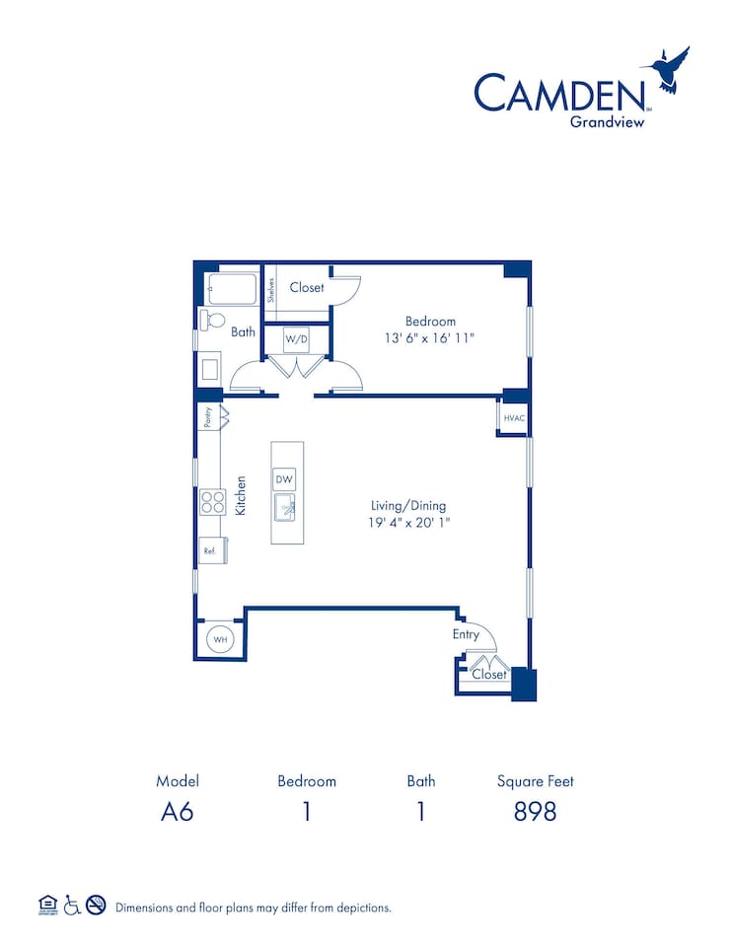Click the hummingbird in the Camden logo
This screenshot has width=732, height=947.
[667, 71]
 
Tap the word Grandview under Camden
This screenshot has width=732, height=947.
[609, 122]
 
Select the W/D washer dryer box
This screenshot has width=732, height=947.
[297, 339]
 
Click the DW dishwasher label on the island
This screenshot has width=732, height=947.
[285, 479]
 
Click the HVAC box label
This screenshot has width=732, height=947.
[513, 418]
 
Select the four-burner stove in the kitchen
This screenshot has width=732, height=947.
[212, 502]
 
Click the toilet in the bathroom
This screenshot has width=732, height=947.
[211, 320]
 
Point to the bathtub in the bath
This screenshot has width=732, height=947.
[229, 289]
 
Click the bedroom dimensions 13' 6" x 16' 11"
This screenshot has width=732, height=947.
[430, 338]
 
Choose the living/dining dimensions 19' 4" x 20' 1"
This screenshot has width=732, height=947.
[403, 522]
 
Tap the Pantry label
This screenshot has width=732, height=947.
[208, 417]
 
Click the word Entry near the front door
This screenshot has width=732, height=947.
[466, 634]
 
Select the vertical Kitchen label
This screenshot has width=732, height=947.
[240, 496]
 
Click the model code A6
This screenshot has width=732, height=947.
[178, 811]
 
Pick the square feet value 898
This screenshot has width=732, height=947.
[535, 811]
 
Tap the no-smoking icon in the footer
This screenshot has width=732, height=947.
[96, 906]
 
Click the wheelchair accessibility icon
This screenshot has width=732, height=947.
[71, 906]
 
